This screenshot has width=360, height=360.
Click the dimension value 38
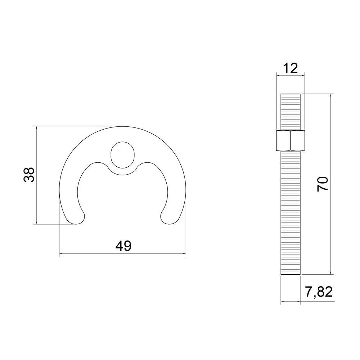29,175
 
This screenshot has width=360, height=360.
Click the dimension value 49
123,246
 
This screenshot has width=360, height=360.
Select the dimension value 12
291,68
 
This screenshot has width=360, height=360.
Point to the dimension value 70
323,184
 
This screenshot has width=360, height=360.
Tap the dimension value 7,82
319,292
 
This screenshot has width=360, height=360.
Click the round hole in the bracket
122,155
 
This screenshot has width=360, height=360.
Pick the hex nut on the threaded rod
291,140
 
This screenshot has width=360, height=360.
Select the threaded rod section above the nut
291,112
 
